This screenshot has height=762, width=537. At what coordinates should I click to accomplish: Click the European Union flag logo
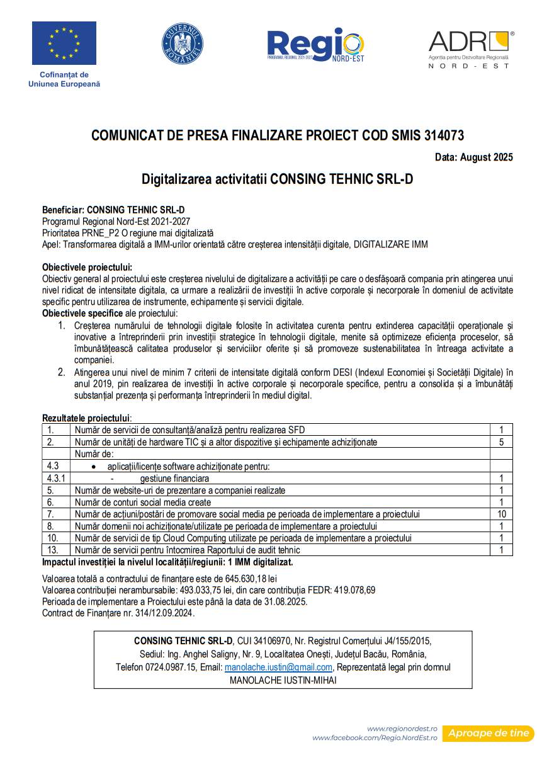(x=64, y=43)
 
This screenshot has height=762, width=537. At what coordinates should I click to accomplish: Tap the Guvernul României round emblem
(x=182, y=43)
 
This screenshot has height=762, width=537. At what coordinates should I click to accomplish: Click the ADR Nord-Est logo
(x=470, y=49)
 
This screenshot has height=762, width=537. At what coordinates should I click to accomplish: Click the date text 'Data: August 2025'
(x=473, y=157)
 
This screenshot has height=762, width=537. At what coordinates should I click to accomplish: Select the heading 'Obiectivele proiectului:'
(x=87, y=267)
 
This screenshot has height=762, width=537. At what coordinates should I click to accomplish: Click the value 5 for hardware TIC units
(x=501, y=442)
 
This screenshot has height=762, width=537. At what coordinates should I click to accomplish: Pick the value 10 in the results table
(x=501, y=514)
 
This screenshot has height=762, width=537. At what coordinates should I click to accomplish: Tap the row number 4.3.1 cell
(x=56, y=478)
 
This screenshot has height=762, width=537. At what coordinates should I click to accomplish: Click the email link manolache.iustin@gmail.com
(x=278, y=667)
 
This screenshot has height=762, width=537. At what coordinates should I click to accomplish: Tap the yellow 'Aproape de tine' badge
(x=488, y=733)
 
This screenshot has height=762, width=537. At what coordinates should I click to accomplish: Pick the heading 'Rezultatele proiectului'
(x=86, y=418)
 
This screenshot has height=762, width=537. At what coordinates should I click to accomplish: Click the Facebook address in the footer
(x=375, y=737)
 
